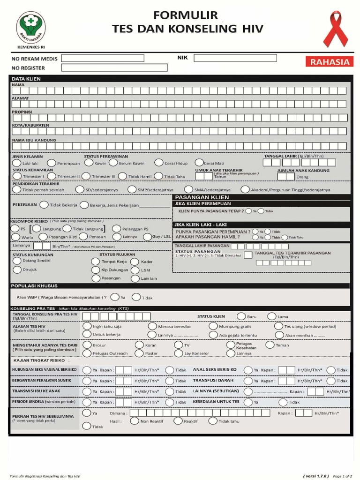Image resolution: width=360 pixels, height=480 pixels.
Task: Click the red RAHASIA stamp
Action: [330, 62]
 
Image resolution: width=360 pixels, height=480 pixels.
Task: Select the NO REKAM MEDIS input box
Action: [103, 58]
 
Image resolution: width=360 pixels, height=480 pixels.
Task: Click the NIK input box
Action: [235, 58]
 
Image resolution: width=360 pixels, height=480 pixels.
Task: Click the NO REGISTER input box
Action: [114, 67]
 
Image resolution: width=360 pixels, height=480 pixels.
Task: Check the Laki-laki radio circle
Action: [17, 163]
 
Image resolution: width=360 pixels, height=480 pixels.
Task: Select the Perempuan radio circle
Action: [52, 163]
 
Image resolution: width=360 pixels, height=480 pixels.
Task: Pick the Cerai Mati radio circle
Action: [199, 163]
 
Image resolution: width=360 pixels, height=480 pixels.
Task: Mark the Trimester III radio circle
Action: [86, 176]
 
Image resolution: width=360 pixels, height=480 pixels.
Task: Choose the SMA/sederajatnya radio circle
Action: [189, 189]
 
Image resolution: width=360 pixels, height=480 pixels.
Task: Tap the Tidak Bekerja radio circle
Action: [44, 204]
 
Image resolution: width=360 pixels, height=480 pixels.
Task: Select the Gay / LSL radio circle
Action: [146, 236]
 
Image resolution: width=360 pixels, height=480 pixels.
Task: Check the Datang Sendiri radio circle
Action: [17, 260]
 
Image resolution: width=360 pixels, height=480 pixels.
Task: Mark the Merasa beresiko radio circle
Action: [152, 326]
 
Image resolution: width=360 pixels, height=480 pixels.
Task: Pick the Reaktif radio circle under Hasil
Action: [178, 421]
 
